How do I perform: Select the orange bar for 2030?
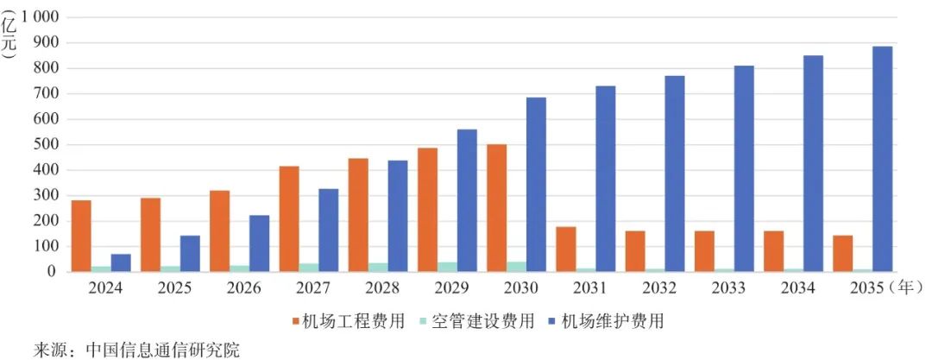pyautogui.click(x=496, y=208)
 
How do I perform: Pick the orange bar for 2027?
pyautogui.click(x=289, y=218)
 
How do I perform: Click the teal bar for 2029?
pyautogui.click(x=447, y=267)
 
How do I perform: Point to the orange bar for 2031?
pyautogui.click(x=566, y=249)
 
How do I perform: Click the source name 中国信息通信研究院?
pyautogui.click(x=161, y=350)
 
